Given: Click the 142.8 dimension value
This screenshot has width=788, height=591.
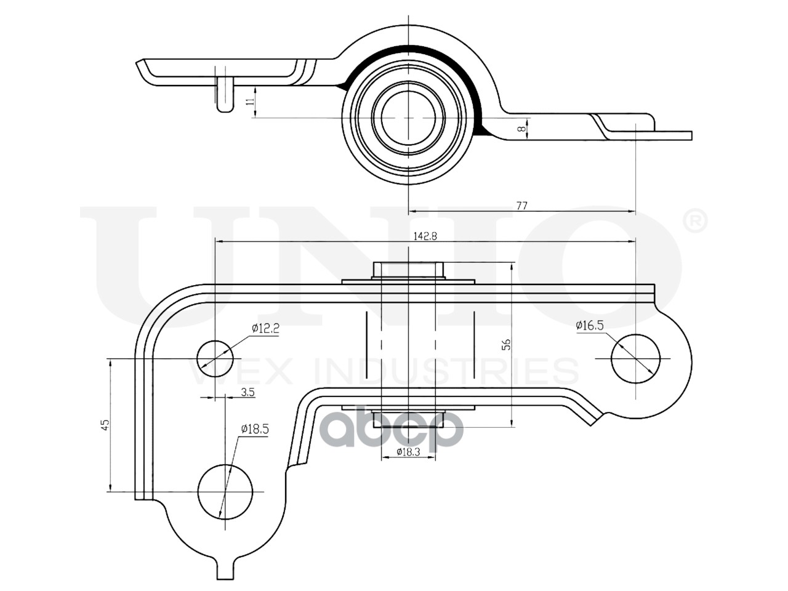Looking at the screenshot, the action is click(x=425, y=236).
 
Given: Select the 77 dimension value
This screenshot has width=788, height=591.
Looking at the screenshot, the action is click(x=521, y=206).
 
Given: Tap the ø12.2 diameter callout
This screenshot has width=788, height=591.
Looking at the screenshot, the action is click(x=265, y=329).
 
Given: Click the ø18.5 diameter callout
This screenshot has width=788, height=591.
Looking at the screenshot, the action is click(x=255, y=429).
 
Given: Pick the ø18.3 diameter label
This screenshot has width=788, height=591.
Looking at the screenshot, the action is click(x=408, y=452).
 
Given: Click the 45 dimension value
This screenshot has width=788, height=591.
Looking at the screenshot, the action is click(x=105, y=425).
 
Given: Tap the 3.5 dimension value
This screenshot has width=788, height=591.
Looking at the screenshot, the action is click(x=248, y=392).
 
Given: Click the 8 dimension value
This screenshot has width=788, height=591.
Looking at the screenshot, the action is click(x=521, y=129).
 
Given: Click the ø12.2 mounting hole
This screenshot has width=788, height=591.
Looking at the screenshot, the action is click(x=215, y=358).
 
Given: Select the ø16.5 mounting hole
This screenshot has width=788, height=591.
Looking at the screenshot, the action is click(x=635, y=358).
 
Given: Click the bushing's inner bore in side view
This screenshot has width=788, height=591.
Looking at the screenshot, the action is click(x=409, y=117).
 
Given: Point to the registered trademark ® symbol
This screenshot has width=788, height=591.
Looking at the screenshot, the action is click(x=696, y=222).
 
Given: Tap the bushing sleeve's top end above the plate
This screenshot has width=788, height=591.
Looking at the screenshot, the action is click(x=409, y=270).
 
